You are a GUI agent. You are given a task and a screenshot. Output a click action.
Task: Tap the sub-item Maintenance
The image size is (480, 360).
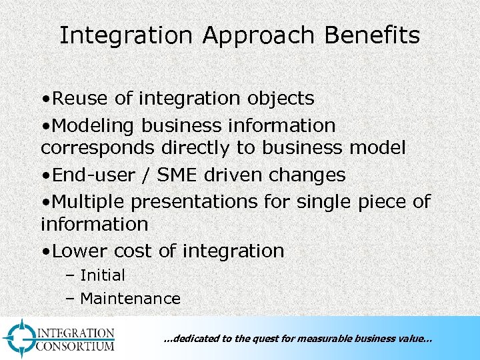(x=130, y=299)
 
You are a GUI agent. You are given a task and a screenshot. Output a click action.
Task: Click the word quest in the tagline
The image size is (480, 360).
(x=267, y=339)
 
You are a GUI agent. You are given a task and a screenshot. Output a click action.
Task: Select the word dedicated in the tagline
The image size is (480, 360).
(x=195, y=339)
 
